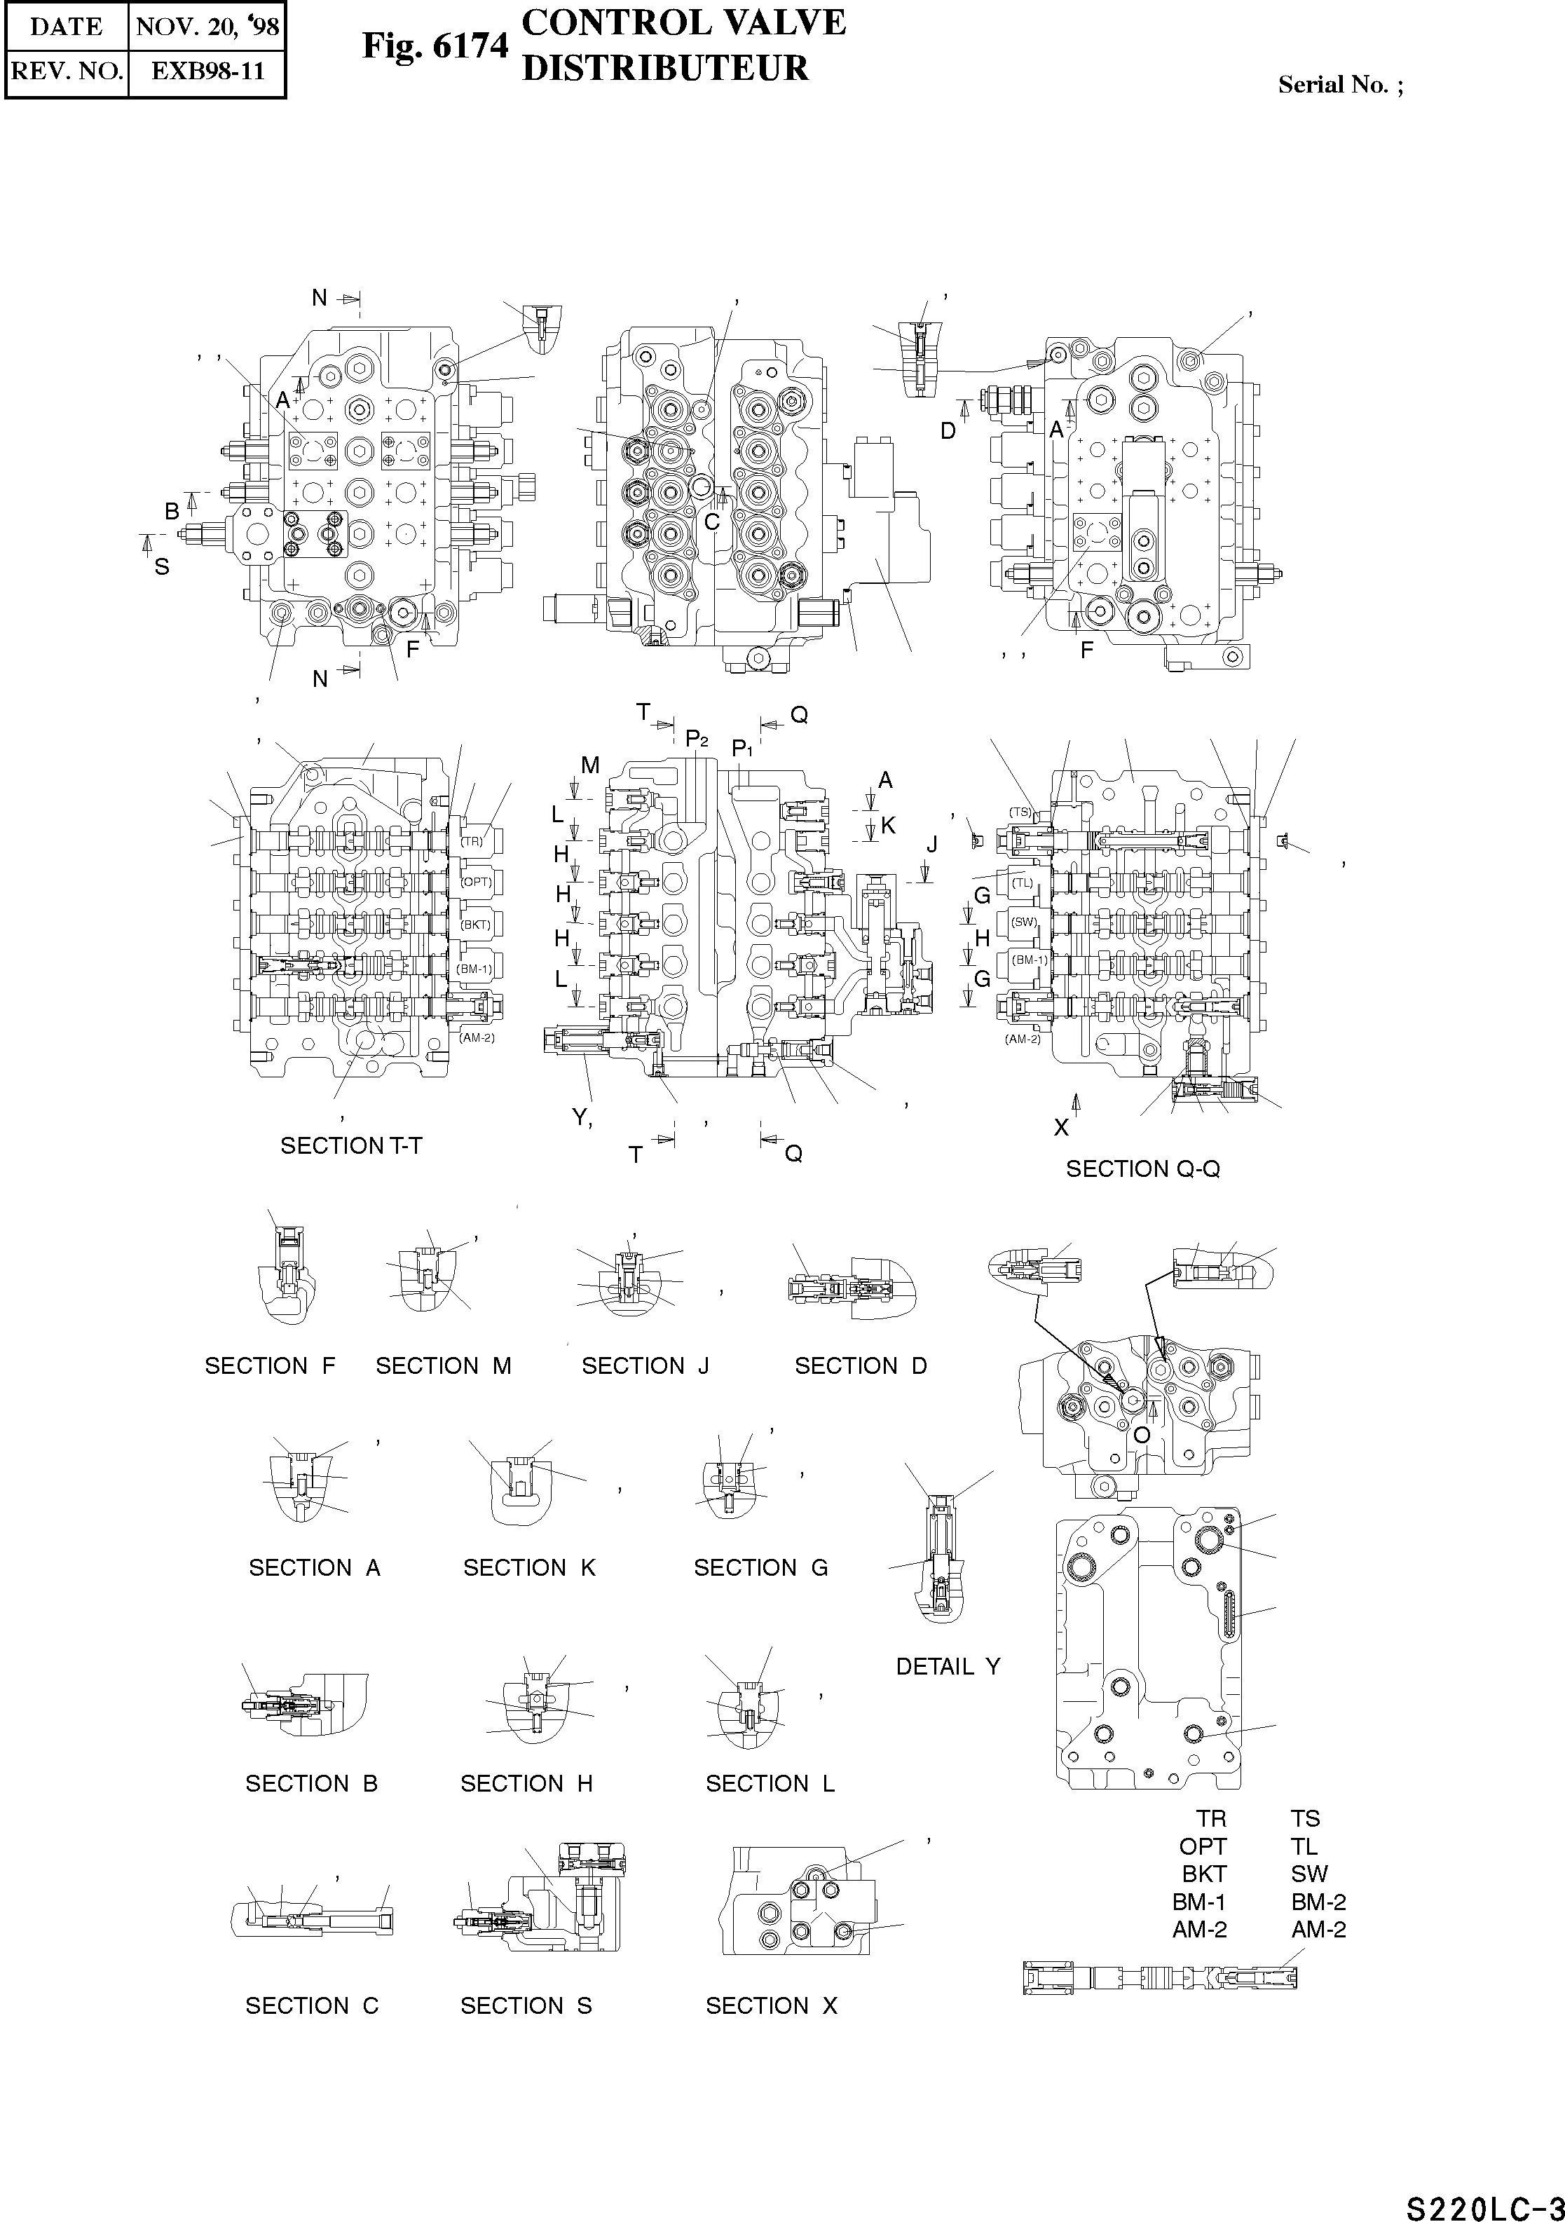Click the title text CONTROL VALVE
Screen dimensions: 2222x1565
683,23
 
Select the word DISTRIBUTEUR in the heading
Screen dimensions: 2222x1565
665,69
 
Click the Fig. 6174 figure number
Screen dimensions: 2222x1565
435,46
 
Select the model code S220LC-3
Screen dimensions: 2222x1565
1484,2202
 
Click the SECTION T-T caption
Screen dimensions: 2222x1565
351,1146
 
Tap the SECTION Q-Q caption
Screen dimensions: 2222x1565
1142,1169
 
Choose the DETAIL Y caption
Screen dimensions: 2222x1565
948,1667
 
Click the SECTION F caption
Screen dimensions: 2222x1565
270,1365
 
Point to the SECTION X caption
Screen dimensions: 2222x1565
772,2006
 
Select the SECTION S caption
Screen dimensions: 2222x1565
526,2006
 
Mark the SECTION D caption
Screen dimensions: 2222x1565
861,1365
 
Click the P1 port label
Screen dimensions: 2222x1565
742,748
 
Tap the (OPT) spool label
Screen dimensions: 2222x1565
476,882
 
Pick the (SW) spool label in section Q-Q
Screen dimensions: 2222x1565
1023,921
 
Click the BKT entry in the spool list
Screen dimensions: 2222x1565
1204,1874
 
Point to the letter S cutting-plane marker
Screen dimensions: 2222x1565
162,567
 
